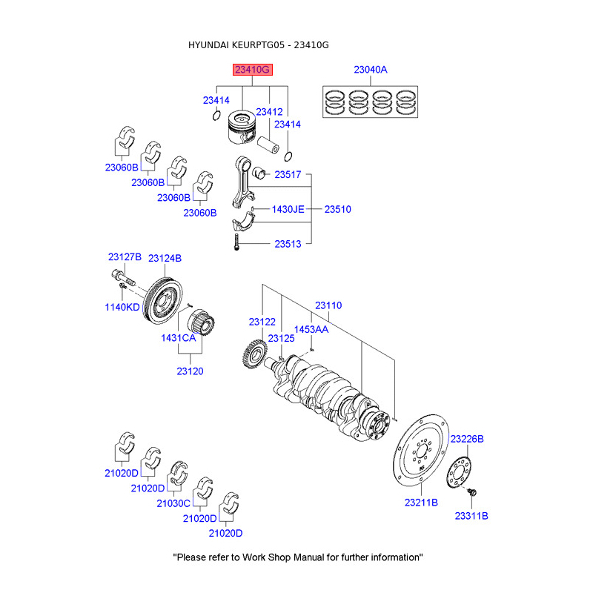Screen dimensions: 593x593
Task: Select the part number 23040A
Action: pos(370,70)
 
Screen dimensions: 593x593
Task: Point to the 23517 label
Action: pos(288,175)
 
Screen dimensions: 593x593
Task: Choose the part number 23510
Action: pos(337,209)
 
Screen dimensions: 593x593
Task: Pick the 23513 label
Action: pos(288,243)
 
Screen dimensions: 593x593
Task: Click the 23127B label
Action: pos(124,256)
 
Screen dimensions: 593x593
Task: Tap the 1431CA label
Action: pos(179,337)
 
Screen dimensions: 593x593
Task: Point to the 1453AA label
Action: pos(311,328)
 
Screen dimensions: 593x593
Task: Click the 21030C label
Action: pos(173,503)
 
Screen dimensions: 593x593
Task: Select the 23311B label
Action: pos(471,515)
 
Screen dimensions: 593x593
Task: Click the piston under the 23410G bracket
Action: pos(242,130)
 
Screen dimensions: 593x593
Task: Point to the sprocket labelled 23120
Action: pos(202,325)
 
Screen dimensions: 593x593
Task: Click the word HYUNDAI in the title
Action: pos(209,45)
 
